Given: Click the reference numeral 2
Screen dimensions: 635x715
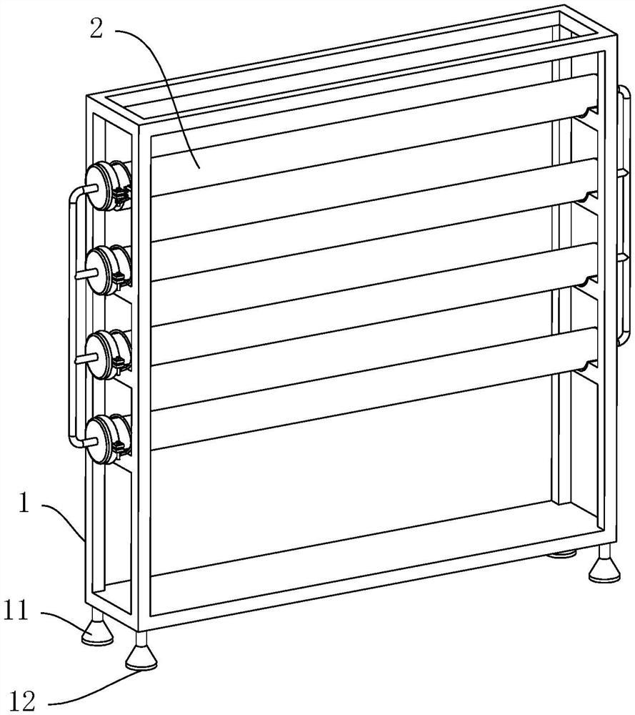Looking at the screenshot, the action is point(96,29).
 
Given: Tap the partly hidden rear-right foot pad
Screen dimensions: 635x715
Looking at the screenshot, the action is point(561,554).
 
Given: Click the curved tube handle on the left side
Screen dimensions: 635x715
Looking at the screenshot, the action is point(73,315).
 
